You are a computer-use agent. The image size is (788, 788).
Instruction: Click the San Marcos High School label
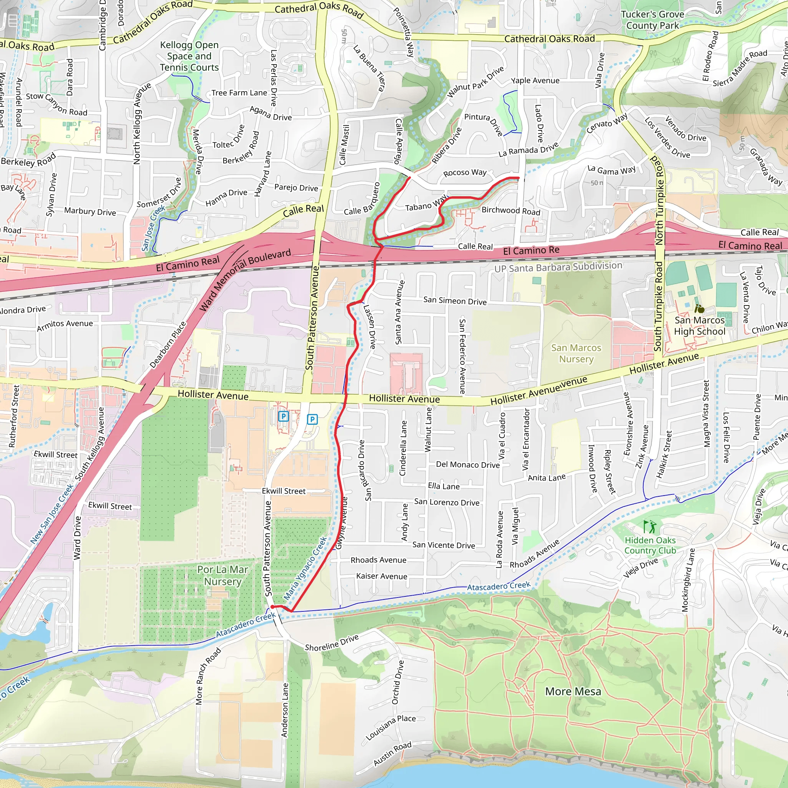point(699,326)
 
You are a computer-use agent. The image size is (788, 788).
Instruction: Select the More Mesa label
point(573,691)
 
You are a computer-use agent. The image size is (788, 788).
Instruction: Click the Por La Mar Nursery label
point(222,575)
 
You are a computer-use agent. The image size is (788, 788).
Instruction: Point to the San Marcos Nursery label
point(576,353)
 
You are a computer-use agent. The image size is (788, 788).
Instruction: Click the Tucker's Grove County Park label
point(652,20)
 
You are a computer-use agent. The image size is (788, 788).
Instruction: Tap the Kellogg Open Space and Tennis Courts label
point(189,56)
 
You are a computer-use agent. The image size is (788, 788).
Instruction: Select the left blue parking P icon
point(284,416)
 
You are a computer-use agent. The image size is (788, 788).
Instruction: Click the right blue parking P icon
point(312,419)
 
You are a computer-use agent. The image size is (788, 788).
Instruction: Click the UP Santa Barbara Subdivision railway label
point(558,267)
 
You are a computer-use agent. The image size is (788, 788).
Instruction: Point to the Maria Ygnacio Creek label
point(305,568)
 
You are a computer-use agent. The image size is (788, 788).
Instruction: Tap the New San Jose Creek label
point(52,514)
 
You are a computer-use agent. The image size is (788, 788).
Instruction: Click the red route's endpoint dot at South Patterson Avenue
point(272,607)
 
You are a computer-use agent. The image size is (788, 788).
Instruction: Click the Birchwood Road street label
point(510,210)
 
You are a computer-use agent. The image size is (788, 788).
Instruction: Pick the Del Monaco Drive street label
point(467,464)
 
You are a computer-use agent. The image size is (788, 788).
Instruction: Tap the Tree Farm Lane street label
point(239,93)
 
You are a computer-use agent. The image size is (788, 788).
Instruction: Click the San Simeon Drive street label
point(454,301)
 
